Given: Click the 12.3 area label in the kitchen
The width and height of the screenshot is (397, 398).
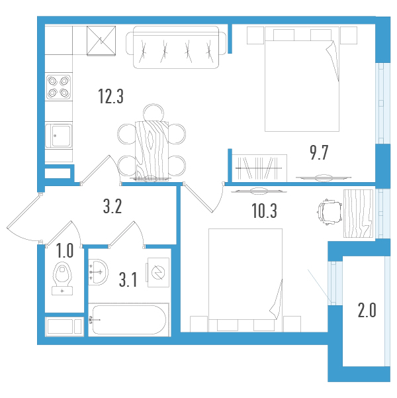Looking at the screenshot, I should coord(110,97).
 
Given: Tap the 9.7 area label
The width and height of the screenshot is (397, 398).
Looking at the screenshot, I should coord(319,154).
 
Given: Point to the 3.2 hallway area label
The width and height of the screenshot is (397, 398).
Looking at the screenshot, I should coord(113,207).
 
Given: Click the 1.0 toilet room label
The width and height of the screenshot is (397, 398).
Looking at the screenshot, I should coord(64,251).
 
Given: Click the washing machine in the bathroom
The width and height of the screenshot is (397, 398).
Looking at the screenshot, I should coord(158,272).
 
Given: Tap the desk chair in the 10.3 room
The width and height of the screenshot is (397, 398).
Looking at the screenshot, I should coord(328,212).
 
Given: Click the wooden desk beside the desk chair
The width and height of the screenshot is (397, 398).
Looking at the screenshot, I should coord(358,213).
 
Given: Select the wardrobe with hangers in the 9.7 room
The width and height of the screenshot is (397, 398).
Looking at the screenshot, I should coord(260,166).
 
